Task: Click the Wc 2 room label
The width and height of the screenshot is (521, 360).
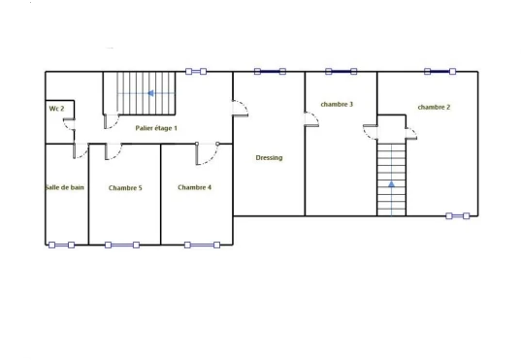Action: [56, 109]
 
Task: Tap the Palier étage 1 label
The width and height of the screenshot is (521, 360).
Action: [156, 128]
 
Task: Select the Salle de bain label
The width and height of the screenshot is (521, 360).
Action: [65, 187]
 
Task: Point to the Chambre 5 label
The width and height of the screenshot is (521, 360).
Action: [125, 188]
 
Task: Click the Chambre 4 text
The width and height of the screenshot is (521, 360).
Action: [194, 187]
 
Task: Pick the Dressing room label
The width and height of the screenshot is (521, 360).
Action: [269, 157]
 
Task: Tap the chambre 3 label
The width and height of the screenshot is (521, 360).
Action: [337, 104]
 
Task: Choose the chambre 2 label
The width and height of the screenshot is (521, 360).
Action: [434, 107]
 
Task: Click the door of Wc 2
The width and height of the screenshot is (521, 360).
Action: [69, 124]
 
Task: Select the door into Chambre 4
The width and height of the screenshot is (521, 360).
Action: [207, 153]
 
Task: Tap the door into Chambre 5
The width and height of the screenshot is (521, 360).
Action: [114, 151]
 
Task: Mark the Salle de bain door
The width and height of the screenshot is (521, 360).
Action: [81, 150]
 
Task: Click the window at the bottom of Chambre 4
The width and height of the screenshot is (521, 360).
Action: [202, 245]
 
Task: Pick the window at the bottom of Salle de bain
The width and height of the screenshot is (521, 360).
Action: [61, 245]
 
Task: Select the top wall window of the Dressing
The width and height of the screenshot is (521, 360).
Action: [270, 72]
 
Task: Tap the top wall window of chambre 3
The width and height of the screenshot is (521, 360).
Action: [342, 72]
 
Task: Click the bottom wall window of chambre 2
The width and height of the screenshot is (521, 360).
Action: [458, 216]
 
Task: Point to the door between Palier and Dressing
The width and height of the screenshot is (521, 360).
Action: [240, 109]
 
